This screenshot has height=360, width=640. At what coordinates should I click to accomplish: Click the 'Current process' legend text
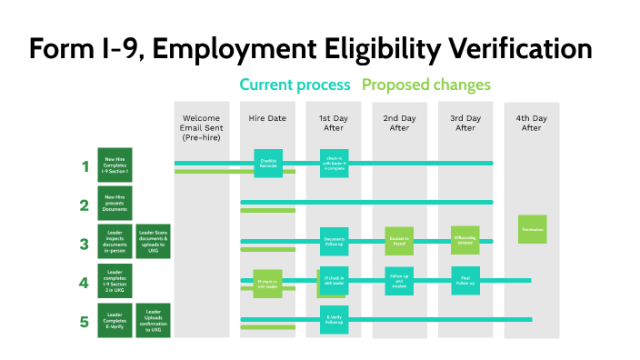295,85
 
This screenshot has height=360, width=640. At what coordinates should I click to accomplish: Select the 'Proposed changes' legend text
426,85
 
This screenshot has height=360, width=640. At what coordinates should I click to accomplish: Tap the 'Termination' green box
533,229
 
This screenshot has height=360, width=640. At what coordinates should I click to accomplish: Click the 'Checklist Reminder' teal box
268,163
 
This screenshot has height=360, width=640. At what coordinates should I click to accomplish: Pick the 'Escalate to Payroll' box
399,241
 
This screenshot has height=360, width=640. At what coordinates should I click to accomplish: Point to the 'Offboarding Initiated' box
465,240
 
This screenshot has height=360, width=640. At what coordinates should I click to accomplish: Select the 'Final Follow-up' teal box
465,281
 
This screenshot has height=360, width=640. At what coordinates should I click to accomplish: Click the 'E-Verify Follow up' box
334,319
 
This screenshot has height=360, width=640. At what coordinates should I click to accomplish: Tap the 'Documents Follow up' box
334,241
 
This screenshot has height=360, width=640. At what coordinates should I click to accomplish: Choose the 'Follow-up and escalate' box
399,281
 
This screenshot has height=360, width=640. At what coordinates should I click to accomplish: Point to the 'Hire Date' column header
268,119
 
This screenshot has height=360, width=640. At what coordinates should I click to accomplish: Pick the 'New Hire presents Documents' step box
115,202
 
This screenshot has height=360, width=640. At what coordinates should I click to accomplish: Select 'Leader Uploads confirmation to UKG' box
154,321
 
